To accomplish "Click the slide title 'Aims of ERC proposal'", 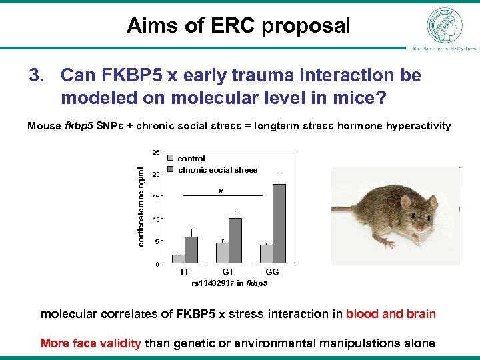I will (x=239, y=26).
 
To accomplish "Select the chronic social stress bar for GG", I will (x=279, y=223).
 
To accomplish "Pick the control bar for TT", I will (x=178, y=259).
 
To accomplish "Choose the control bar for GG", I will (x=267, y=253).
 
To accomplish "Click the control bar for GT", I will (x=222, y=253).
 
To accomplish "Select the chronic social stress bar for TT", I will (x=191, y=249).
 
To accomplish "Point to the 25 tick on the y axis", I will (x=155, y=153).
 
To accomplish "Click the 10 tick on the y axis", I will (x=155, y=219).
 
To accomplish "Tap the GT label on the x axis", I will (x=228, y=272).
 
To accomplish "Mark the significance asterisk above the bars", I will (x=221, y=192).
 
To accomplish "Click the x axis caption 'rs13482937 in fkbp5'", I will (x=229, y=283).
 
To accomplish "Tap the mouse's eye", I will (x=419, y=218).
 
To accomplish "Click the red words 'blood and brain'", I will (x=391, y=314).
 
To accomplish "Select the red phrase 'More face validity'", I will (x=91, y=343).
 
